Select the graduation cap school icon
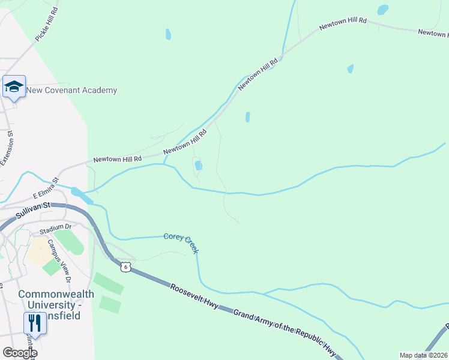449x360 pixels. pyautogui.click(x=14, y=88)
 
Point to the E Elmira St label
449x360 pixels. pyautogui.click(x=45, y=188)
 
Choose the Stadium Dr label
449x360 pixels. pyautogui.click(x=55, y=229)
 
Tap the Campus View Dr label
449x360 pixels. pyautogui.click(x=60, y=261)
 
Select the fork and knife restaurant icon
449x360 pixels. pyautogui.click(x=35, y=324)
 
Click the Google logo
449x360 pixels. pyautogui.click(x=20, y=353)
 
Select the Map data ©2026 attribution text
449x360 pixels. pyautogui.click(x=423, y=355)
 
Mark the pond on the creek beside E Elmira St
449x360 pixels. pyautogui.click(x=77, y=193)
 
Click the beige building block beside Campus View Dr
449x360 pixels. pyautogui.click(x=38, y=251)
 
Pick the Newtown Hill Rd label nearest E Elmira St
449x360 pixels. pyautogui.click(x=117, y=159)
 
